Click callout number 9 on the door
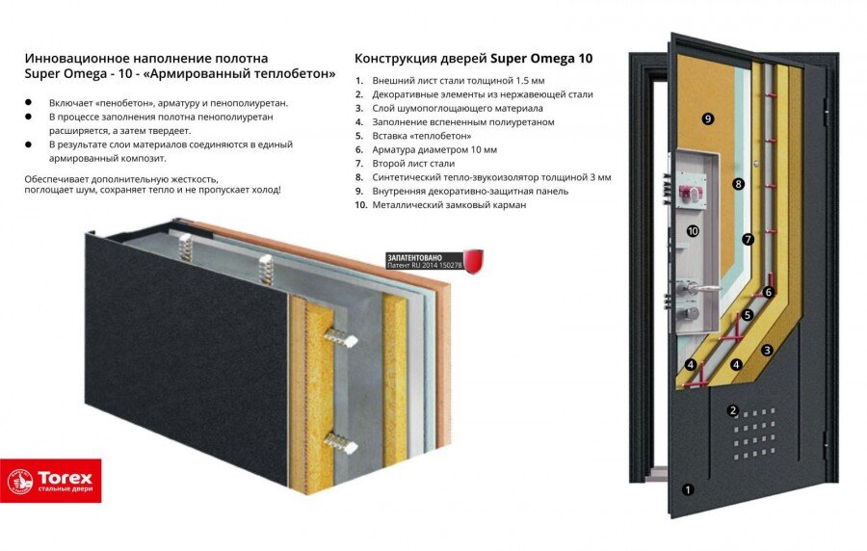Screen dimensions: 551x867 point(708,118)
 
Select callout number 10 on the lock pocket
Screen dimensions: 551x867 point(693,231)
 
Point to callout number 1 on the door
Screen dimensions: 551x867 point(688,489)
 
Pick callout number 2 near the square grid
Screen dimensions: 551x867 point(733,411)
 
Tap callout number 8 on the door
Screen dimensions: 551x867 point(739,183)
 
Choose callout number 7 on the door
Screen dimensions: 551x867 point(747,239)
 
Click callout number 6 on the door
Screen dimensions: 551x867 point(768,292)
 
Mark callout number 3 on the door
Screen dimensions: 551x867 point(768,351)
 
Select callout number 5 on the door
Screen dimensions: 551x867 point(747,315)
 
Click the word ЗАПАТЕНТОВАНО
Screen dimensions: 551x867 point(415,257)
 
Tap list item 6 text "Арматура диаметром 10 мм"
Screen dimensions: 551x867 point(434,150)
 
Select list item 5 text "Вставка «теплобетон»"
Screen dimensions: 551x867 point(423,137)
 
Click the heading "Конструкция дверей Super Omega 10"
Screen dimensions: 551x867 point(474,58)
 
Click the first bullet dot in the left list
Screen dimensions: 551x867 point(29,103)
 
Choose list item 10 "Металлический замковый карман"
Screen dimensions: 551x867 point(449,205)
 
